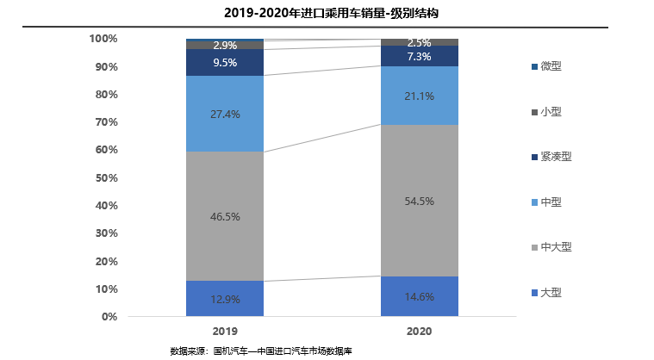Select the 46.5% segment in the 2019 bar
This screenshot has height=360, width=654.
point(224,216)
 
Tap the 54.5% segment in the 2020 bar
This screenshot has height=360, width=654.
point(419,201)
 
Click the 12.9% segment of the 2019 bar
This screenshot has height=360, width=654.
point(224,298)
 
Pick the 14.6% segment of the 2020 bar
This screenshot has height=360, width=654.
point(419,296)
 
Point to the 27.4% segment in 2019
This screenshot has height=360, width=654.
point(224,114)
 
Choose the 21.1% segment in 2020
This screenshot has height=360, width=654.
point(419,96)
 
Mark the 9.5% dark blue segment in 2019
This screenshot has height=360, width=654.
point(224,62)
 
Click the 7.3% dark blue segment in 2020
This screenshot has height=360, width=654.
point(419,56)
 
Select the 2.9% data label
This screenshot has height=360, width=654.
point(224,45)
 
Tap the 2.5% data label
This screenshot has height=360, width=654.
point(419,43)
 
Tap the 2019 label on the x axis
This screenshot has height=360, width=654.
point(224,331)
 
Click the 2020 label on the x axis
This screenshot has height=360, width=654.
point(419,331)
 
